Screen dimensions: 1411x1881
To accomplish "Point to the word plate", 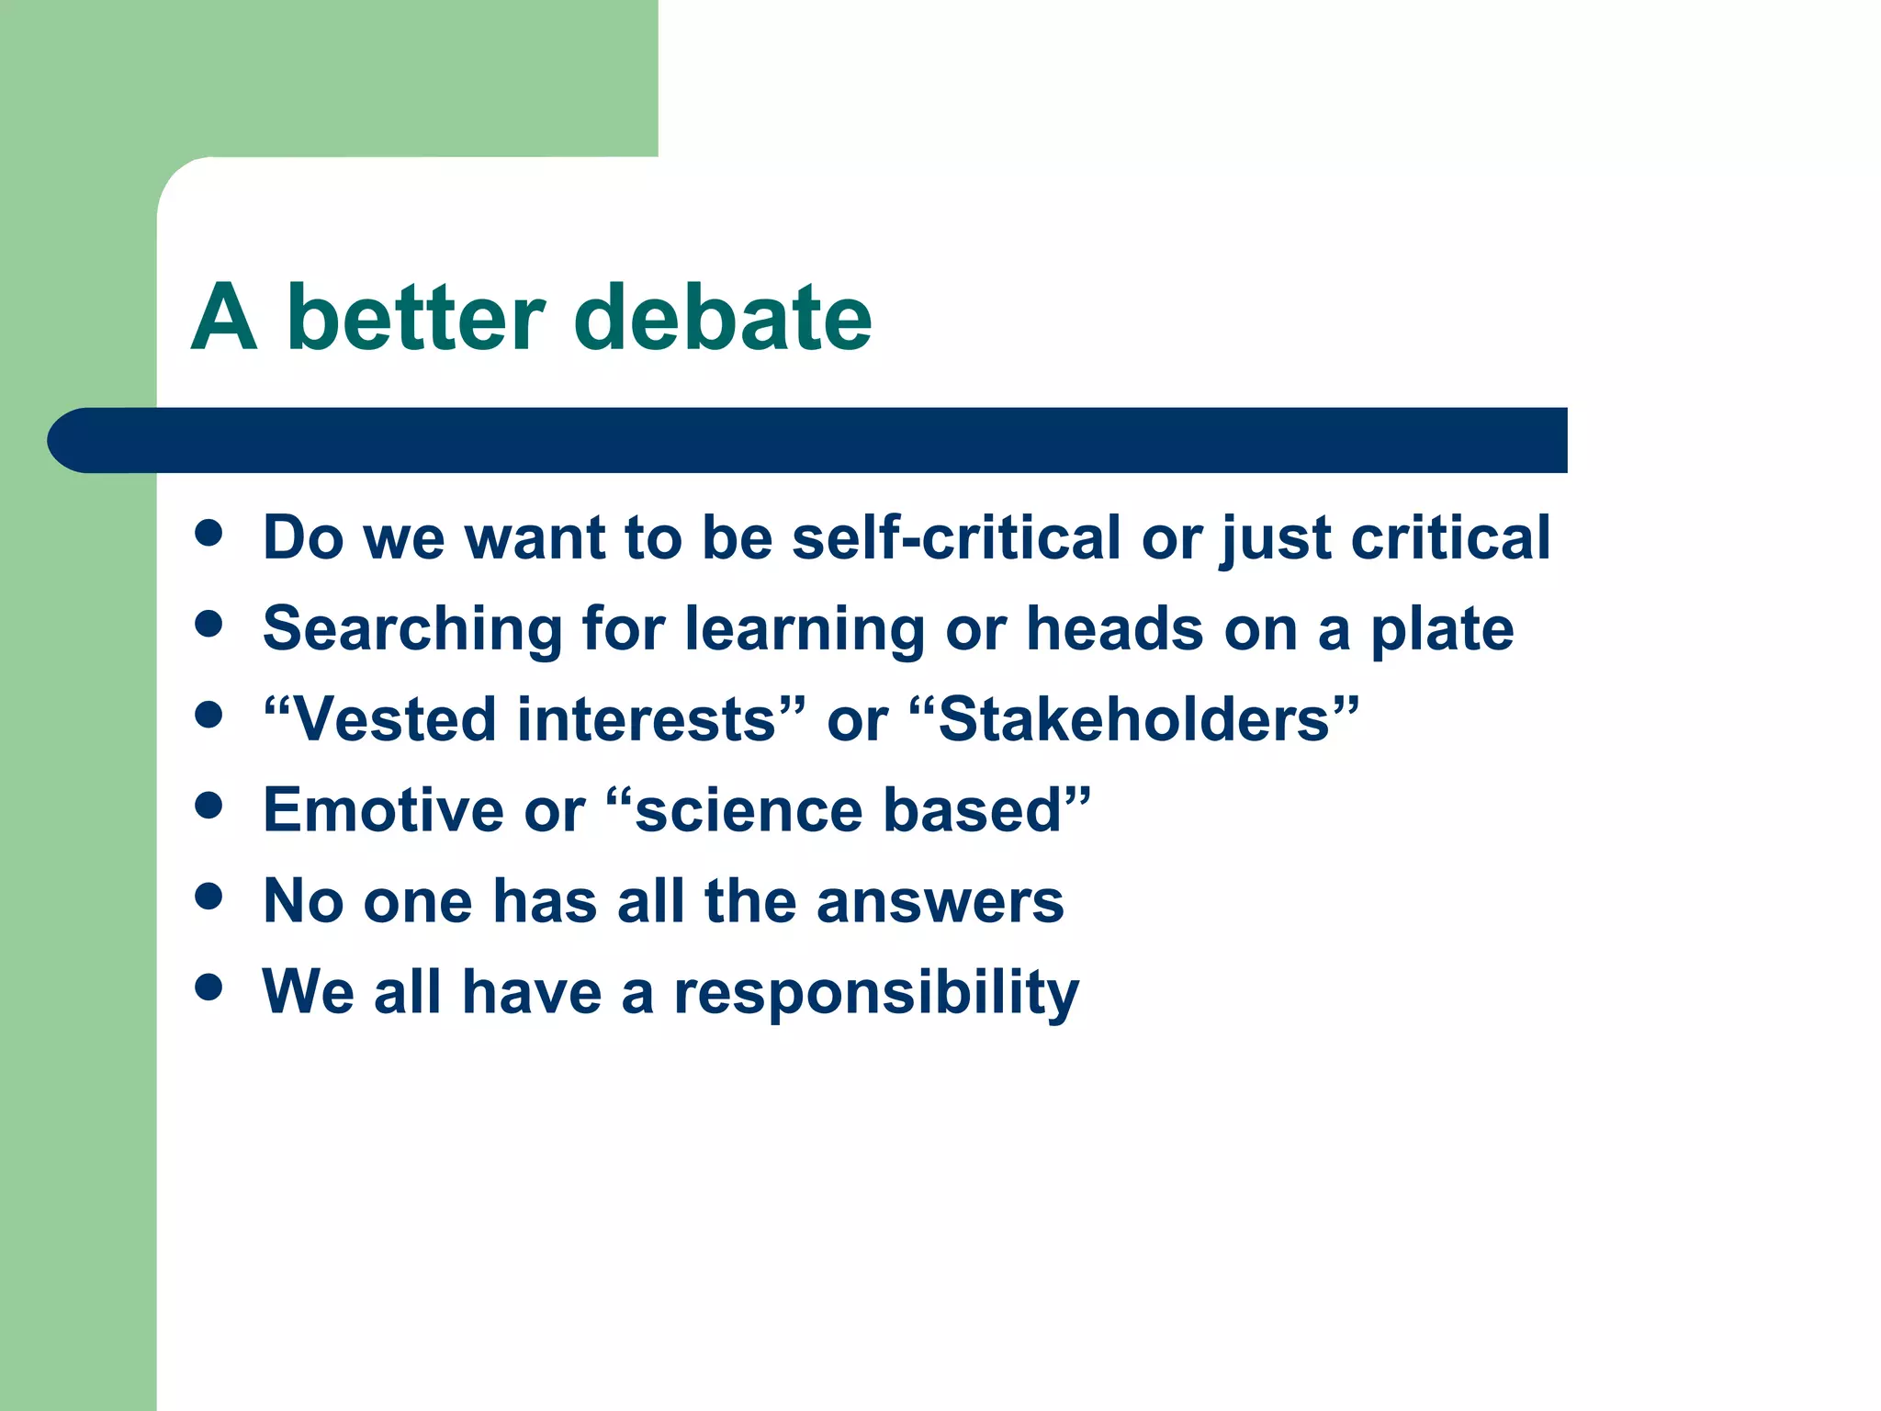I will [1441, 630].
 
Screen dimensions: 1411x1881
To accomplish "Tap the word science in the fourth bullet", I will [749, 810].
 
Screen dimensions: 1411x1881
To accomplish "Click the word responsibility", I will [876, 993].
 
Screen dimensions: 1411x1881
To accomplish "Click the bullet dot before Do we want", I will [209, 534].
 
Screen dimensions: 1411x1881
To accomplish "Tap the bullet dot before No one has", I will [209, 897].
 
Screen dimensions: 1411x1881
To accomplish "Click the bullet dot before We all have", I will [209, 988].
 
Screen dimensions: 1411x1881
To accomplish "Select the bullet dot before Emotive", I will [209, 806].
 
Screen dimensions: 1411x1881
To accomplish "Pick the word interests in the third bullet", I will [648, 719].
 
